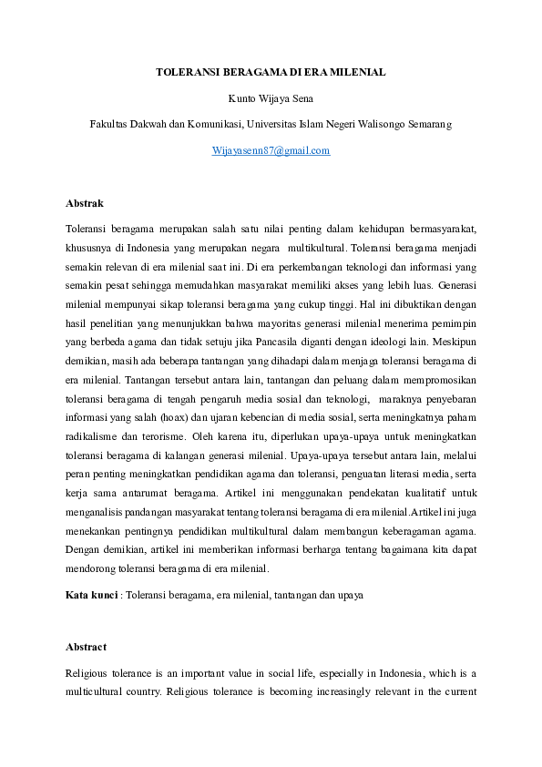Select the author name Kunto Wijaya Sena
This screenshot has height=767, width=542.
[271, 97]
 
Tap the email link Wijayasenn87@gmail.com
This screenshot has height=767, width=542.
[271, 150]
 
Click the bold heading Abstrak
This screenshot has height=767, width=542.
[85, 202]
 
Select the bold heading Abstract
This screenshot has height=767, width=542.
[87, 647]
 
